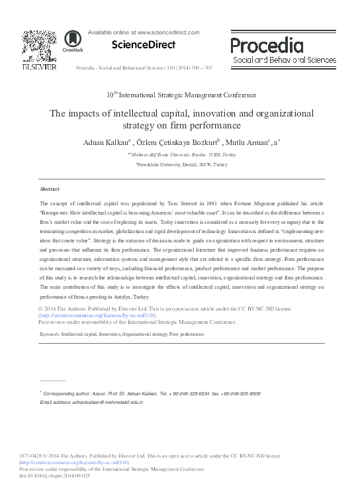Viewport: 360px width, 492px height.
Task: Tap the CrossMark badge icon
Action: tap(73, 42)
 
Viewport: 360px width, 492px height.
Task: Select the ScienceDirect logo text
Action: tap(138, 45)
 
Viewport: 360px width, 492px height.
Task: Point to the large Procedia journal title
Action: tap(267, 45)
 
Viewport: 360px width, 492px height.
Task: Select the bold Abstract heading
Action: tap(50, 189)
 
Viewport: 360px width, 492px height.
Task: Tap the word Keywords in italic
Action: tap(50, 334)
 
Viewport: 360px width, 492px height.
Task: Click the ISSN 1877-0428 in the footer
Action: tap(54, 456)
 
